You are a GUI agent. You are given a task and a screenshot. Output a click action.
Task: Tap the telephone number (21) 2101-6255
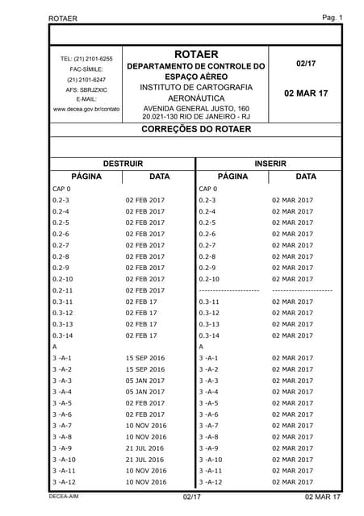[x=86, y=59]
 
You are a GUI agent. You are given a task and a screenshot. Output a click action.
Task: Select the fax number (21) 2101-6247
[x=86, y=79]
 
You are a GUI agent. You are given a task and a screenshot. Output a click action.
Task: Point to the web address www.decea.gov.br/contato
[x=86, y=108]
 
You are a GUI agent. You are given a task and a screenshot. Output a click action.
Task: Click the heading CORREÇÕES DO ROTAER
[x=196, y=128]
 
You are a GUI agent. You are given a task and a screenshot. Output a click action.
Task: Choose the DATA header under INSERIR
[x=306, y=175]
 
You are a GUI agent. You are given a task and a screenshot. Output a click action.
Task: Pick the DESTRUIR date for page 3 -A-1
[x=145, y=358]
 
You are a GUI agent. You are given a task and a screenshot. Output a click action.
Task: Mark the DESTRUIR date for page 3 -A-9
[x=145, y=448]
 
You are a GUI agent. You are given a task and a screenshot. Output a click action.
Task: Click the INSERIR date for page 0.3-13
[x=292, y=324]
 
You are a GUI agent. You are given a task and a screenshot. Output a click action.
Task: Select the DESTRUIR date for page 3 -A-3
[x=145, y=381]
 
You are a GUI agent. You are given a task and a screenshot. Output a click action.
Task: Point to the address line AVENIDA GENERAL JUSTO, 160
[x=196, y=107]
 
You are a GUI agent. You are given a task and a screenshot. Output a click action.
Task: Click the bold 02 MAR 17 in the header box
[x=306, y=94]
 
